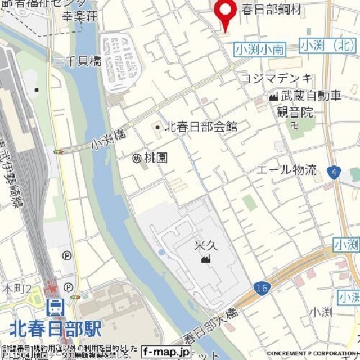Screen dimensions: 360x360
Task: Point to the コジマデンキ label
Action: [276, 78]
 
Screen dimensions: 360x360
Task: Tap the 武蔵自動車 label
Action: [311, 96]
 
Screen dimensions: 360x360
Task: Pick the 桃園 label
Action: [156, 158]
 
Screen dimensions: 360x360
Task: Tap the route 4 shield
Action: [335, 172]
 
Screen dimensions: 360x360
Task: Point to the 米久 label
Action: [205, 246]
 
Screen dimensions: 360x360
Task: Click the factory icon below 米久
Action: [205, 259]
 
